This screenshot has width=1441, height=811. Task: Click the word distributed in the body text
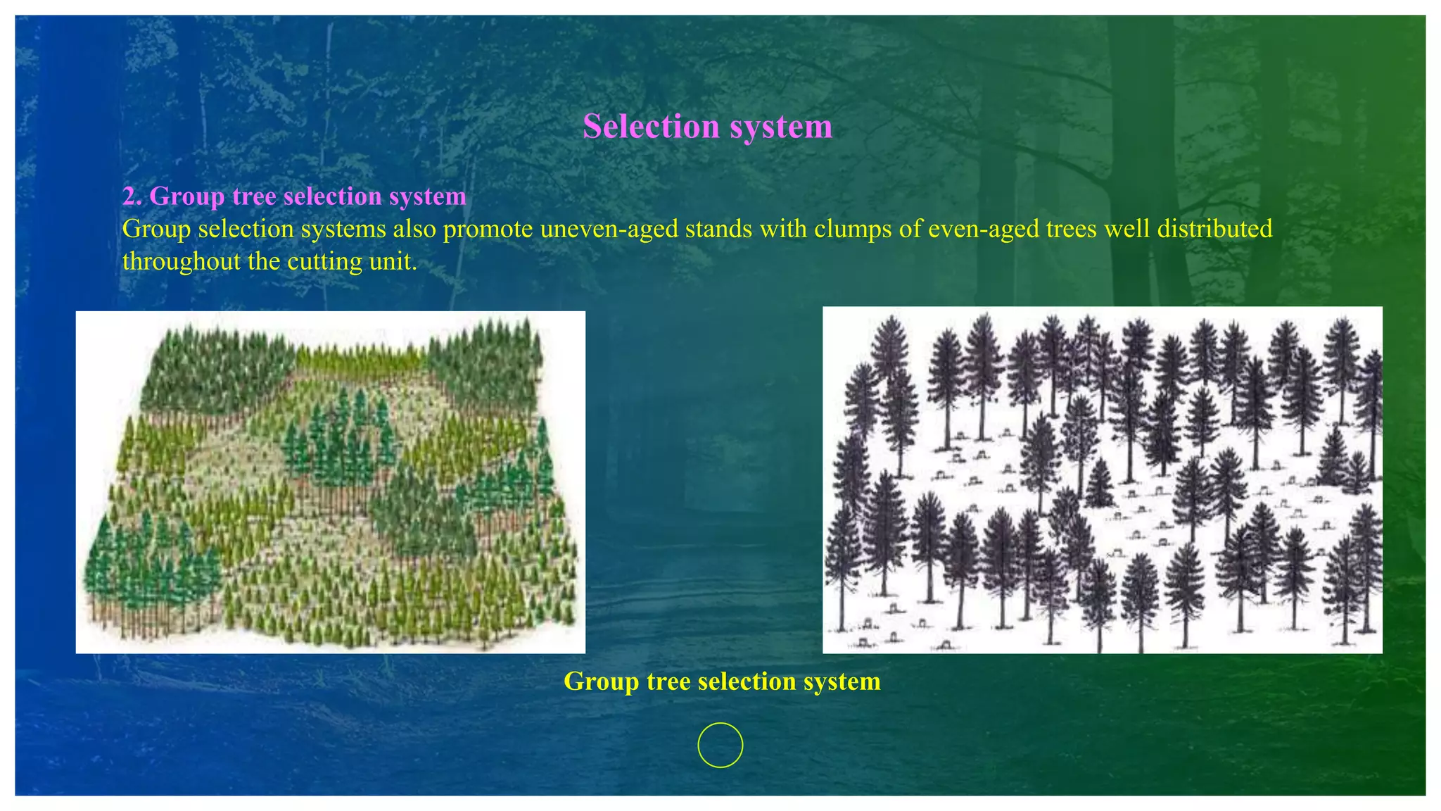1214,229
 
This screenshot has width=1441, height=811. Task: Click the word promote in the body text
488,229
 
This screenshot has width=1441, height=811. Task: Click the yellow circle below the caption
720,745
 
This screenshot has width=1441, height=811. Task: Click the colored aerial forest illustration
330,482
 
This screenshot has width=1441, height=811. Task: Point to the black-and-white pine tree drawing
1102,480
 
